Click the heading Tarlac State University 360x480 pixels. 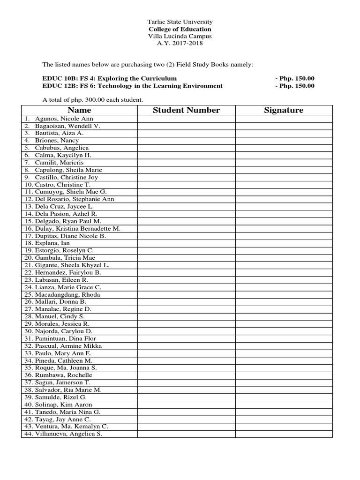(x=180, y=22)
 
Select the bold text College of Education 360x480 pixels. (x=180, y=29)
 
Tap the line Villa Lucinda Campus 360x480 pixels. (x=180, y=36)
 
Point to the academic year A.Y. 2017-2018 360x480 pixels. (x=180, y=43)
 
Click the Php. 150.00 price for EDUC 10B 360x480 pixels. (x=295, y=78)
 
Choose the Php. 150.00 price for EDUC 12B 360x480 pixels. (x=295, y=86)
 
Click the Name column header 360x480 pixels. (x=79, y=110)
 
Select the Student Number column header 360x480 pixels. (x=186, y=110)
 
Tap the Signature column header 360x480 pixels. (x=284, y=110)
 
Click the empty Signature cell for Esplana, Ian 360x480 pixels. (x=284, y=243)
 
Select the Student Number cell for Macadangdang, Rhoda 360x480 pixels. (x=186, y=294)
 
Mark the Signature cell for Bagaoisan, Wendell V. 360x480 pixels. (x=284, y=126)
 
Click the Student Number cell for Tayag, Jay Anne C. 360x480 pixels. (x=186, y=419)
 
